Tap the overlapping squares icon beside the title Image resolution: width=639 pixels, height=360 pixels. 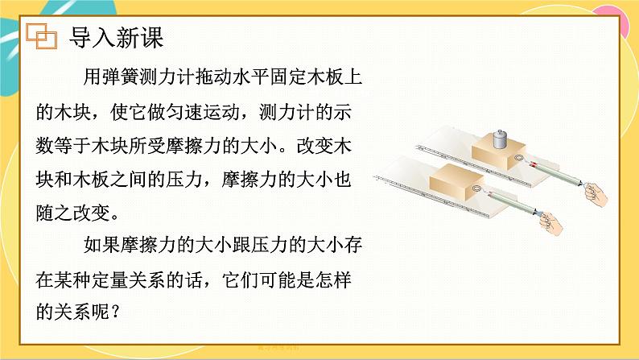[41, 35]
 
